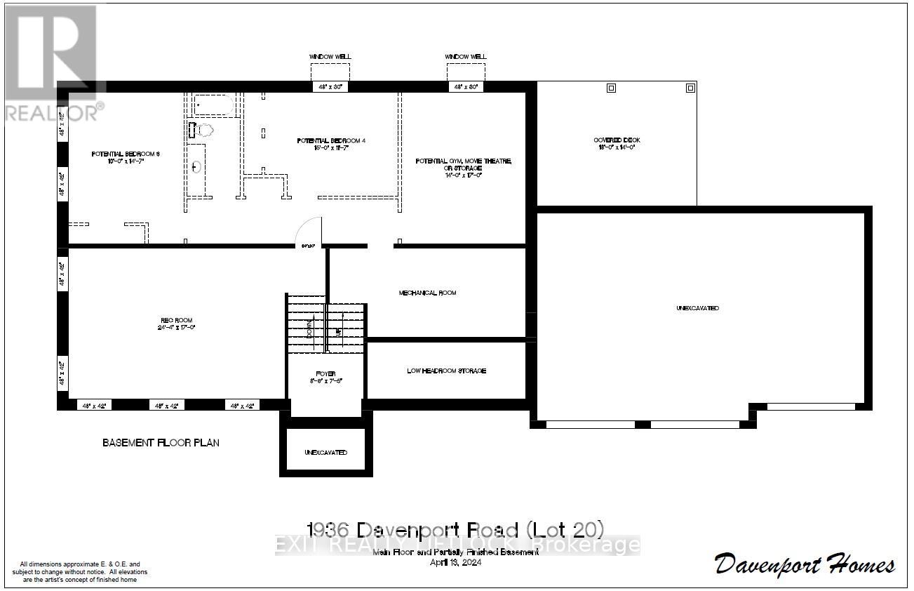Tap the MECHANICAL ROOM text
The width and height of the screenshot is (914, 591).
[x=427, y=293]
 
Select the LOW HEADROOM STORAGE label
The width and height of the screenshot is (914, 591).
[x=446, y=371]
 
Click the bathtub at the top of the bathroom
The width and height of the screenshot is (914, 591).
[x=213, y=106]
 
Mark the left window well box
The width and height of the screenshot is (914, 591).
[x=330, y=72]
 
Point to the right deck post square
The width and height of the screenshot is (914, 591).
[x=690, y=88]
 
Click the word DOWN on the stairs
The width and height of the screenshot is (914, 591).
[x=309, y=328]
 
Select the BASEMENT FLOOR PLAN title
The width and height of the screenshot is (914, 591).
[x=161, y=443]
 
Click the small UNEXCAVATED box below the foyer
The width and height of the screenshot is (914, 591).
[x=325, y=452]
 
